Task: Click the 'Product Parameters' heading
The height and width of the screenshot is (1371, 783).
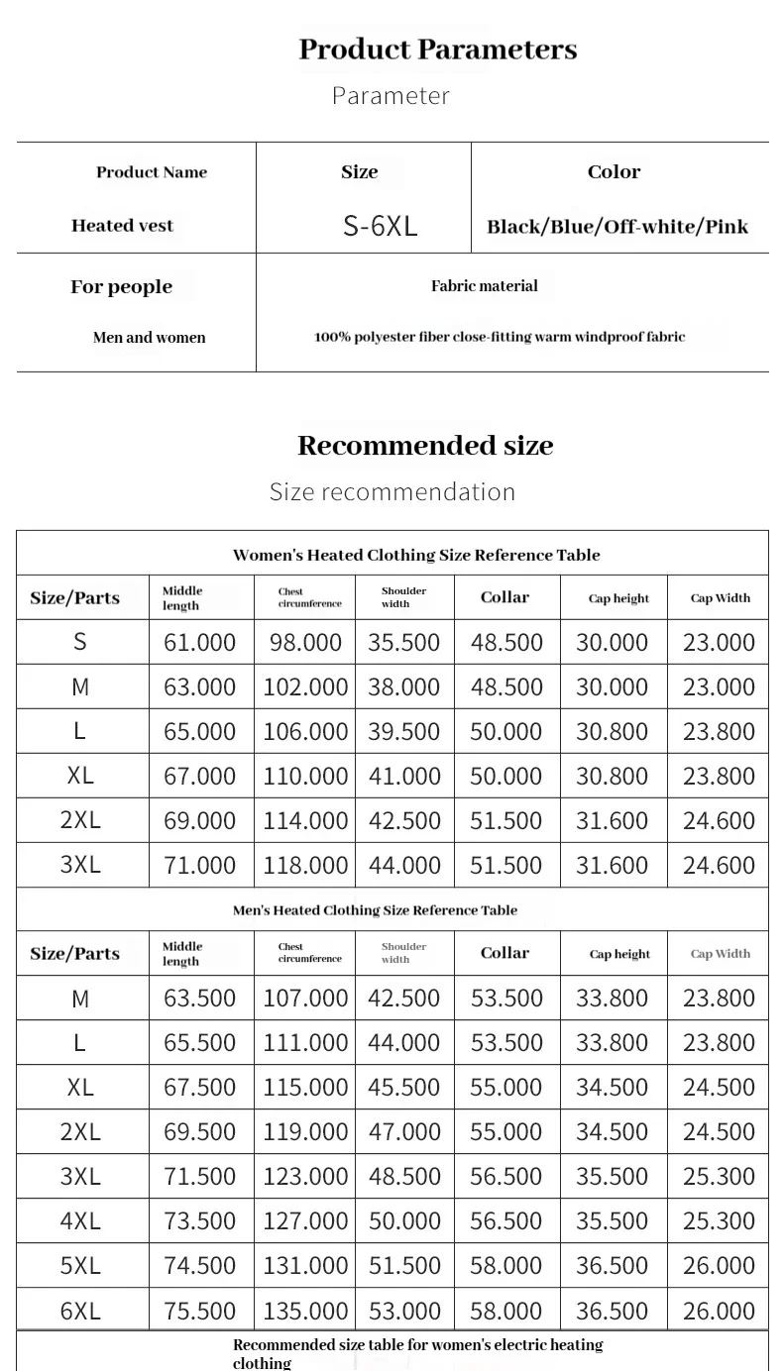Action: tap(437, 50)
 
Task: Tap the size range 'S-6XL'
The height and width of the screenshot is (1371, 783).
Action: tap(380, 226)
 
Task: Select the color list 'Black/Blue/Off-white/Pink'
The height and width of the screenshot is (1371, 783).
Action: tap(617, 227)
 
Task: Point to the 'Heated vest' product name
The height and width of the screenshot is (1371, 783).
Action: tap(122, 226)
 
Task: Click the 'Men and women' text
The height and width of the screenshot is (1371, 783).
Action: tap(149, 338)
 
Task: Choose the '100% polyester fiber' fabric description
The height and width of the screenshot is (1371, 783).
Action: tap(500, 337)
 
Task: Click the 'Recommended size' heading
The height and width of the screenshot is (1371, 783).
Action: tap(425, 446)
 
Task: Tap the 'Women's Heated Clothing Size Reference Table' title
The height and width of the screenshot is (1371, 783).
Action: tap(416, 555)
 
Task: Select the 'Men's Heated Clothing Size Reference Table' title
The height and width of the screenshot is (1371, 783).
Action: tap(375, 910)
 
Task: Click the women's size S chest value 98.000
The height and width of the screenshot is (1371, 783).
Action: tap(305, 642)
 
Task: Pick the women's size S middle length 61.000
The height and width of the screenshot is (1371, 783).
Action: tap(199, 642)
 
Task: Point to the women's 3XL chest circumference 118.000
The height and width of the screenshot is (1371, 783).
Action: tap(305, 865)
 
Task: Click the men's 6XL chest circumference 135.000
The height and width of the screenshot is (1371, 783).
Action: tap(305, 1311)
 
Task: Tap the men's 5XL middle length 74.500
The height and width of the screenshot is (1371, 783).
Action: tap(199, 1265)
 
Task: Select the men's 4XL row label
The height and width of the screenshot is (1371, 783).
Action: tap(80, 1220)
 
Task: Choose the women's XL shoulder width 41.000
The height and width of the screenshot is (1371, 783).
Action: tap(404, 776)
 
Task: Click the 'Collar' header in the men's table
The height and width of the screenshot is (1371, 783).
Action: tap(504, 953)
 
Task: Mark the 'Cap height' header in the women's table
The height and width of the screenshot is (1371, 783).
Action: tap(618, 598)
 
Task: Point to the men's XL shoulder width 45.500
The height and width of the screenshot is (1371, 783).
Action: tap(404, 1087)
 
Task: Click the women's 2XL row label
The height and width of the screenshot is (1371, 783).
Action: tap(80, 820)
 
